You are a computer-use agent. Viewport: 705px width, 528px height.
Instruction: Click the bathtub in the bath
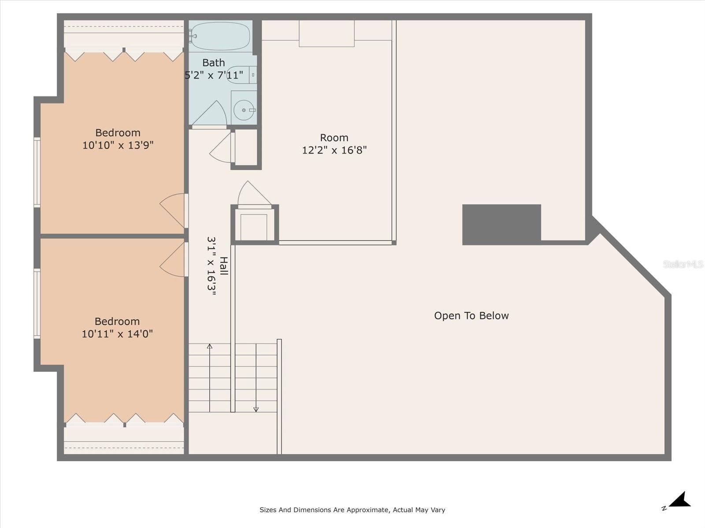pyautogui.click(x=220, y=36)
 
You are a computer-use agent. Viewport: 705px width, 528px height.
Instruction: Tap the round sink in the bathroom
pyautogui.click(x=244, y=110)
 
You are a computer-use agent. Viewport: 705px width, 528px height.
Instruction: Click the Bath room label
pyautogui.click(x=214, y=63)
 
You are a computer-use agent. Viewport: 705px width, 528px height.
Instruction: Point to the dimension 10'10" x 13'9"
pyautogui.click(x=118, y=145)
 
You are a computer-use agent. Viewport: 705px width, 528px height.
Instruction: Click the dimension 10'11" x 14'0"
pyautogui.click(x=117, y=334)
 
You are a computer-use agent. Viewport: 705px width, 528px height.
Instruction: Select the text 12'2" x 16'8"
pyautogui.click(x=334, y=150)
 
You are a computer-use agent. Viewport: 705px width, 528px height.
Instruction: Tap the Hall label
pyautogui.click(x=224, y=266)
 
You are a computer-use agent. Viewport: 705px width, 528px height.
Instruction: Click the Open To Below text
pyautogui.click(x=471, y=315)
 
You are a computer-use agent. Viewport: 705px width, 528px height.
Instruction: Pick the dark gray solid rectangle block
pyautogui.click(x=501, y=224)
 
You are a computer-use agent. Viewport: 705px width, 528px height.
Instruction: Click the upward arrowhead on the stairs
pyautogui.click(x=210, y=346)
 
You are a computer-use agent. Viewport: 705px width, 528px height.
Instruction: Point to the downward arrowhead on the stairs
pyautogui.click(x=256, y=409)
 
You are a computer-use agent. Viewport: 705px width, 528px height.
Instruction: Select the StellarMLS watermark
pyautogui.click(x=683, y=264)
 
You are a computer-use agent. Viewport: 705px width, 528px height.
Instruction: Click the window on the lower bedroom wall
pyautogui.click(x=37, y=304)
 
